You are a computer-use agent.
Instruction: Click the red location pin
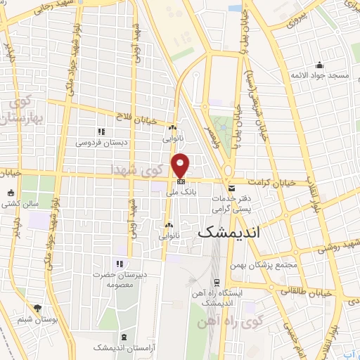pos(181,165)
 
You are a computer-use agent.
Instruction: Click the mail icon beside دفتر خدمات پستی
pos(232,188)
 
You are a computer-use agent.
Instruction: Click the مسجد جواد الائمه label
pos(321,75)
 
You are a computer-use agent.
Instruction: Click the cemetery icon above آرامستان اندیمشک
pos(124,337)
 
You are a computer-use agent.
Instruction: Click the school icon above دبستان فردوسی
pos(101,131)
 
